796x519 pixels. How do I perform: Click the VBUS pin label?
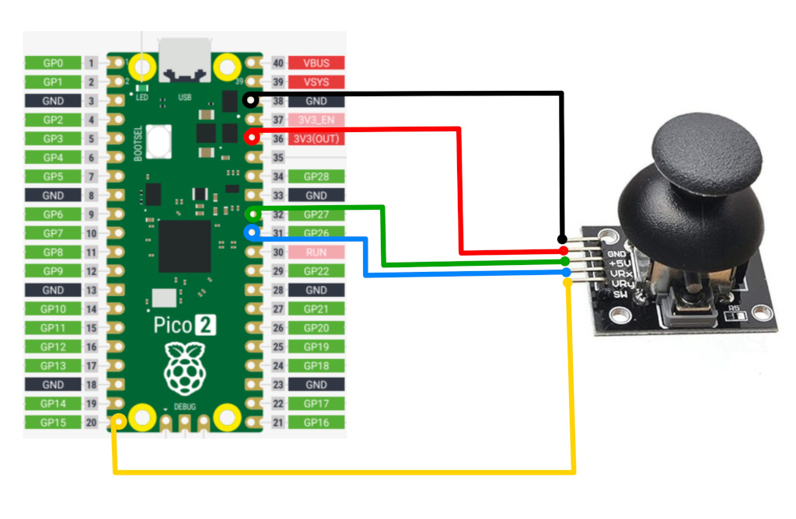pyautogui.click(x=316, y=63)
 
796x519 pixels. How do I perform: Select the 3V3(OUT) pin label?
pyautogui.click(x=316, y=139)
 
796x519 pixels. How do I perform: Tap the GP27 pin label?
pyautogui.click(x=316, y=214)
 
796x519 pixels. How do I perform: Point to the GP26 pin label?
pyautogui.click(x=316, y=233)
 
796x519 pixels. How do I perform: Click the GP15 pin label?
pyautogui.click(x=52, y=423)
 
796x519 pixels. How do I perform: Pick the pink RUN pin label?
pyautogui.click(x=316, y=253)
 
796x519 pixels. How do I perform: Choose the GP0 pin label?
pyautogui.click(x=52, y=63)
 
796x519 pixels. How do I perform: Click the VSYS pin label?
pyautogui.click(x=316, y=82)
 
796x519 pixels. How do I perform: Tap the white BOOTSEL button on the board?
pyautogui.click(x=159, y=141)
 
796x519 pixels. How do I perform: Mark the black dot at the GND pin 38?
pyautogui.click(x=250, y=100)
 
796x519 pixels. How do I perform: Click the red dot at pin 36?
pyautogui.click(x=250, y=138)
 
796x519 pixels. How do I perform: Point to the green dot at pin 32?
pyautogui.click(x=250, y=214)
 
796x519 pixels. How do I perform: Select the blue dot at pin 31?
pyautogui.click(x=250, y=232)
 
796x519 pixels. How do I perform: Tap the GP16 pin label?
pyautogui.click(x=316, y=423)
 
